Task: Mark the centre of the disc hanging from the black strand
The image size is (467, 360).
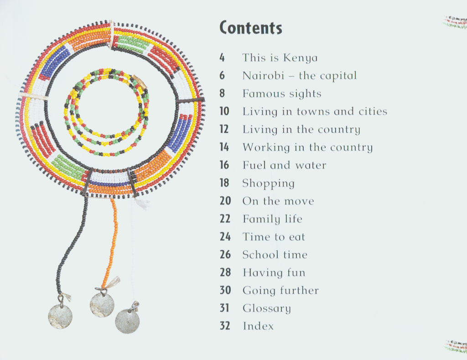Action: click(x=60, y=317)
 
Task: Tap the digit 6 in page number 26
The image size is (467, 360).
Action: click(x=228, y=254)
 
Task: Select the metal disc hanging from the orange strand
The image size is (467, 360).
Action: click(x=102, y=305)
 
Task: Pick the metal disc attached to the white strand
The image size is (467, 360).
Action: click(x=127, y=321)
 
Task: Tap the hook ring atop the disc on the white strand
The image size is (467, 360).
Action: click(x=135, y=306)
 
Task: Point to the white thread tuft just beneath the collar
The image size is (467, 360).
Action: click(x=142, y=203)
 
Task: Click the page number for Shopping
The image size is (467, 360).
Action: click(x=224, y=183)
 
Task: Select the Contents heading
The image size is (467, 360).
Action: click(x=251, y=28)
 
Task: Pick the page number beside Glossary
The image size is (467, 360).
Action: click(x=224, y=308)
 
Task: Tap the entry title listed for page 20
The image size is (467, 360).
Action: click(x=278, y=201)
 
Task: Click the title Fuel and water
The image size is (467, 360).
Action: click(x=285, y=165)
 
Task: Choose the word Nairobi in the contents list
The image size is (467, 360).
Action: click(x=263, y=76)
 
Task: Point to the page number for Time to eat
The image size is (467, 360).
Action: click(x=225, y=236)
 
